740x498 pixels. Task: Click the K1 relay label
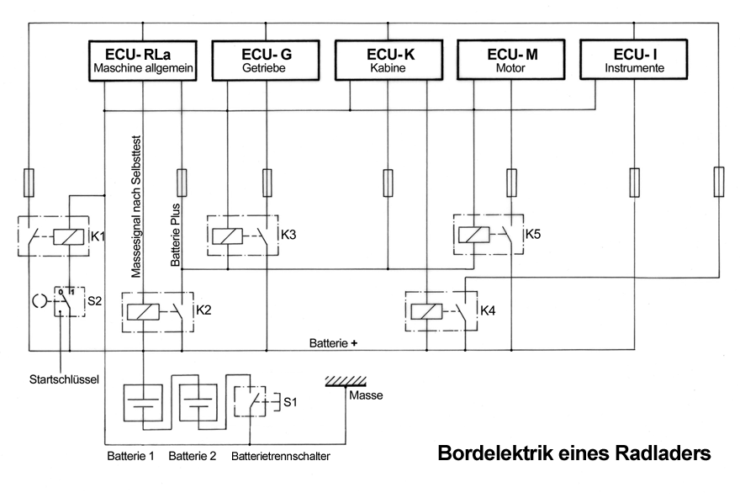point(98,236)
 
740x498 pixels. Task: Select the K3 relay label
point(288,233)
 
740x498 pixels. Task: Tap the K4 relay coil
point(429,310)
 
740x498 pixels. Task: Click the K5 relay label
point(533,233)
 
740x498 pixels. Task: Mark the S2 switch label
point(95,299)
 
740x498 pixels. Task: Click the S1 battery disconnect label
point(290,402)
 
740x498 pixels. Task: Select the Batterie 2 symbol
point(198,406)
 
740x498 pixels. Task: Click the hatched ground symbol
point(346,381)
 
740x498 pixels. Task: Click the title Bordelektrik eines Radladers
point(573,453)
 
